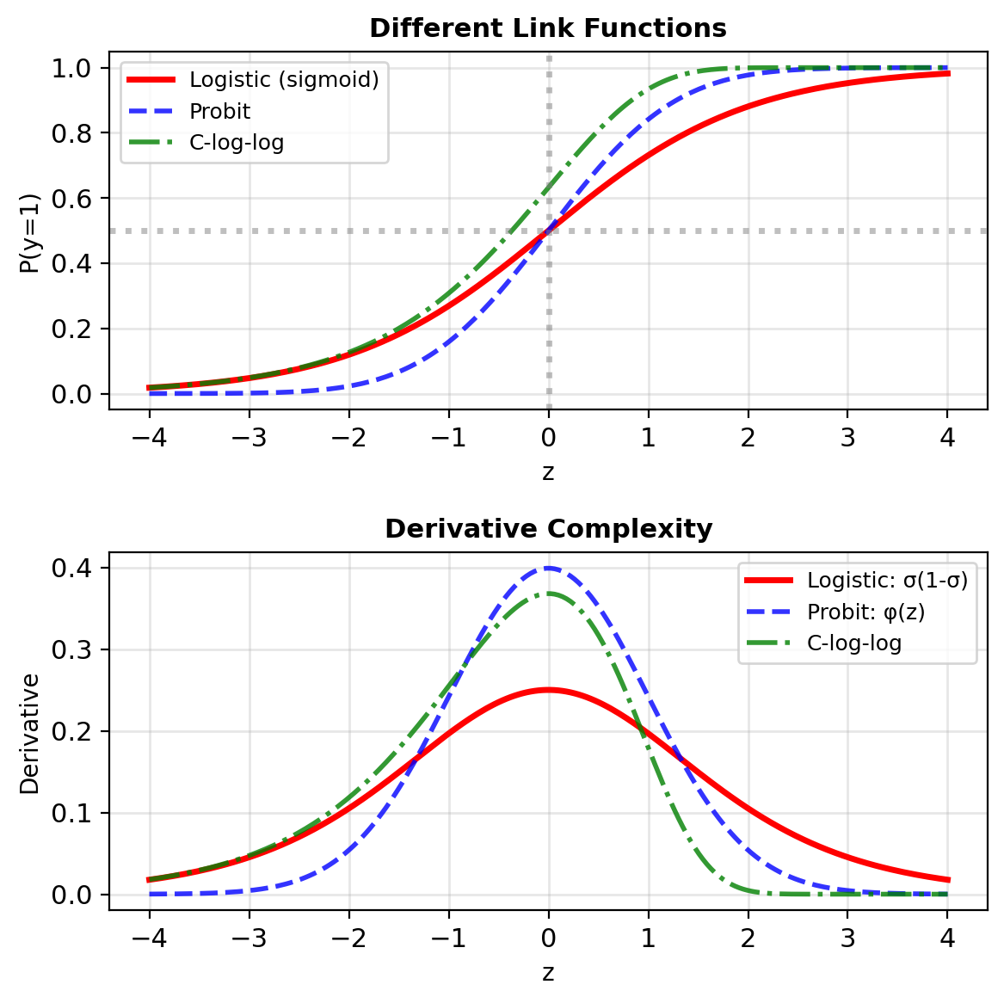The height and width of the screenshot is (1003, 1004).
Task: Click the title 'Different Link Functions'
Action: pyautogui.click(x=548, y=28)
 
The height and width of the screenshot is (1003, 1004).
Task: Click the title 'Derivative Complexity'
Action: pyautogui.click(x=548, y=528)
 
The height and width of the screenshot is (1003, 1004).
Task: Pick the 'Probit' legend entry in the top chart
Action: pyautogui.click(x=220, y=112)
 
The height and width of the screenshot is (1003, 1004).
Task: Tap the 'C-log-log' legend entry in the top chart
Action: pyautogui.click(x=237, y=143)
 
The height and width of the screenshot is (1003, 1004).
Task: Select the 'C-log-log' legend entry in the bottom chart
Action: pyautogui.click(x=854, y=643)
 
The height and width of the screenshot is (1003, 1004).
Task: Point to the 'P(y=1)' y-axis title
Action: pyautogui.click(x=29, y=232)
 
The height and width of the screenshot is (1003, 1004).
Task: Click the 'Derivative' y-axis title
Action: pyautogui.click(x=29, y=734)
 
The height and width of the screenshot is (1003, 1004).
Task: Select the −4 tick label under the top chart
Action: pyautogui.click(x=149, y=437)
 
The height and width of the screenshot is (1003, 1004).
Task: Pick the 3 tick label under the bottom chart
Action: pyautogui.click(x=847, y=938)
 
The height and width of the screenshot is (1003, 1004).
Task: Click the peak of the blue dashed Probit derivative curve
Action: pyautogui.click(x=548, y=568)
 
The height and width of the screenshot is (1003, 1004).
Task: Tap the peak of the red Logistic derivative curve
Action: pyautogui.click(x=548, y=690)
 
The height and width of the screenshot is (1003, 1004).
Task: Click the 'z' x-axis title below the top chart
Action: pyautogui.click(x=548, y=472)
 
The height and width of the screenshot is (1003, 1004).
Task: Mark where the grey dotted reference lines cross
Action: pyautogui.click(x=549, y=231)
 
